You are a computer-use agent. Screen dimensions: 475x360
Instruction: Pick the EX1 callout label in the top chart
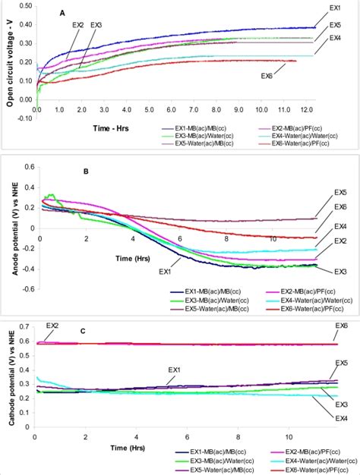[334, 8]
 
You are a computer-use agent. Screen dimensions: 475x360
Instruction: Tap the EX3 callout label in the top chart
[96, 25]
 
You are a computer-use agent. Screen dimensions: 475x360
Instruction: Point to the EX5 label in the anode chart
[341, 192]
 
